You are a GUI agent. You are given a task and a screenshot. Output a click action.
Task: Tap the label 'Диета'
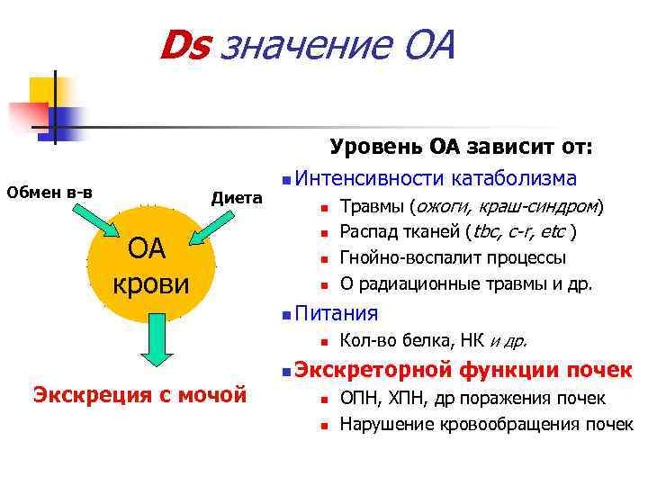[236, 197]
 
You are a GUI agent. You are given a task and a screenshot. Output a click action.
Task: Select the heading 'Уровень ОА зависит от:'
[461, 147]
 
